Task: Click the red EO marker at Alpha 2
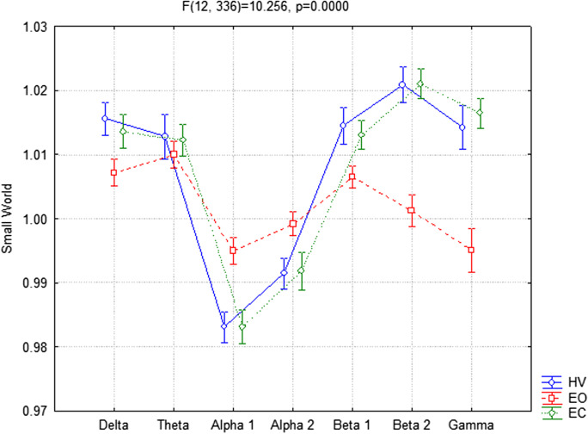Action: point(293,224)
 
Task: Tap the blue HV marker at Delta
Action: point(105,119)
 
